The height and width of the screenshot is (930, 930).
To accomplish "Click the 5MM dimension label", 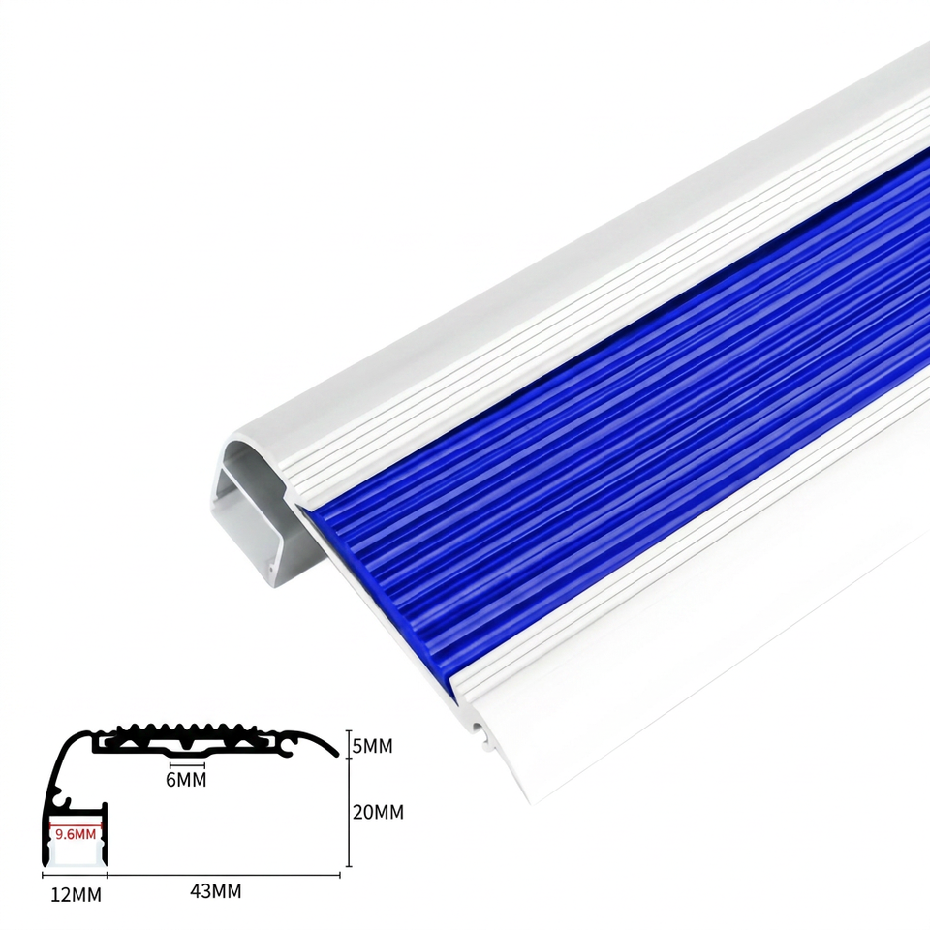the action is click(372, 746).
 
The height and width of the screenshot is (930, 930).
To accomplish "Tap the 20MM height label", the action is click(378, 812).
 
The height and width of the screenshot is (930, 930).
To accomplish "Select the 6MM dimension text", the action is click(186, 780).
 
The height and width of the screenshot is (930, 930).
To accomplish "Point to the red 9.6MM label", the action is click(76, 834).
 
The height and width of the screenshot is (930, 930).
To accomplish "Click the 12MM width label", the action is click(76, 895).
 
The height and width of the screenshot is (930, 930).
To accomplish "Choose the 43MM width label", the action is click(216, 891).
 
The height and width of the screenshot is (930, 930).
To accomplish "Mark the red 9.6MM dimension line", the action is click(76, 825).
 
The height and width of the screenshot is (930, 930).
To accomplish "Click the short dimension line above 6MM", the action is click(187, 765).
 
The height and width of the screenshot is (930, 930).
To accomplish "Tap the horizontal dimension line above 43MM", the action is click(224, 875).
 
